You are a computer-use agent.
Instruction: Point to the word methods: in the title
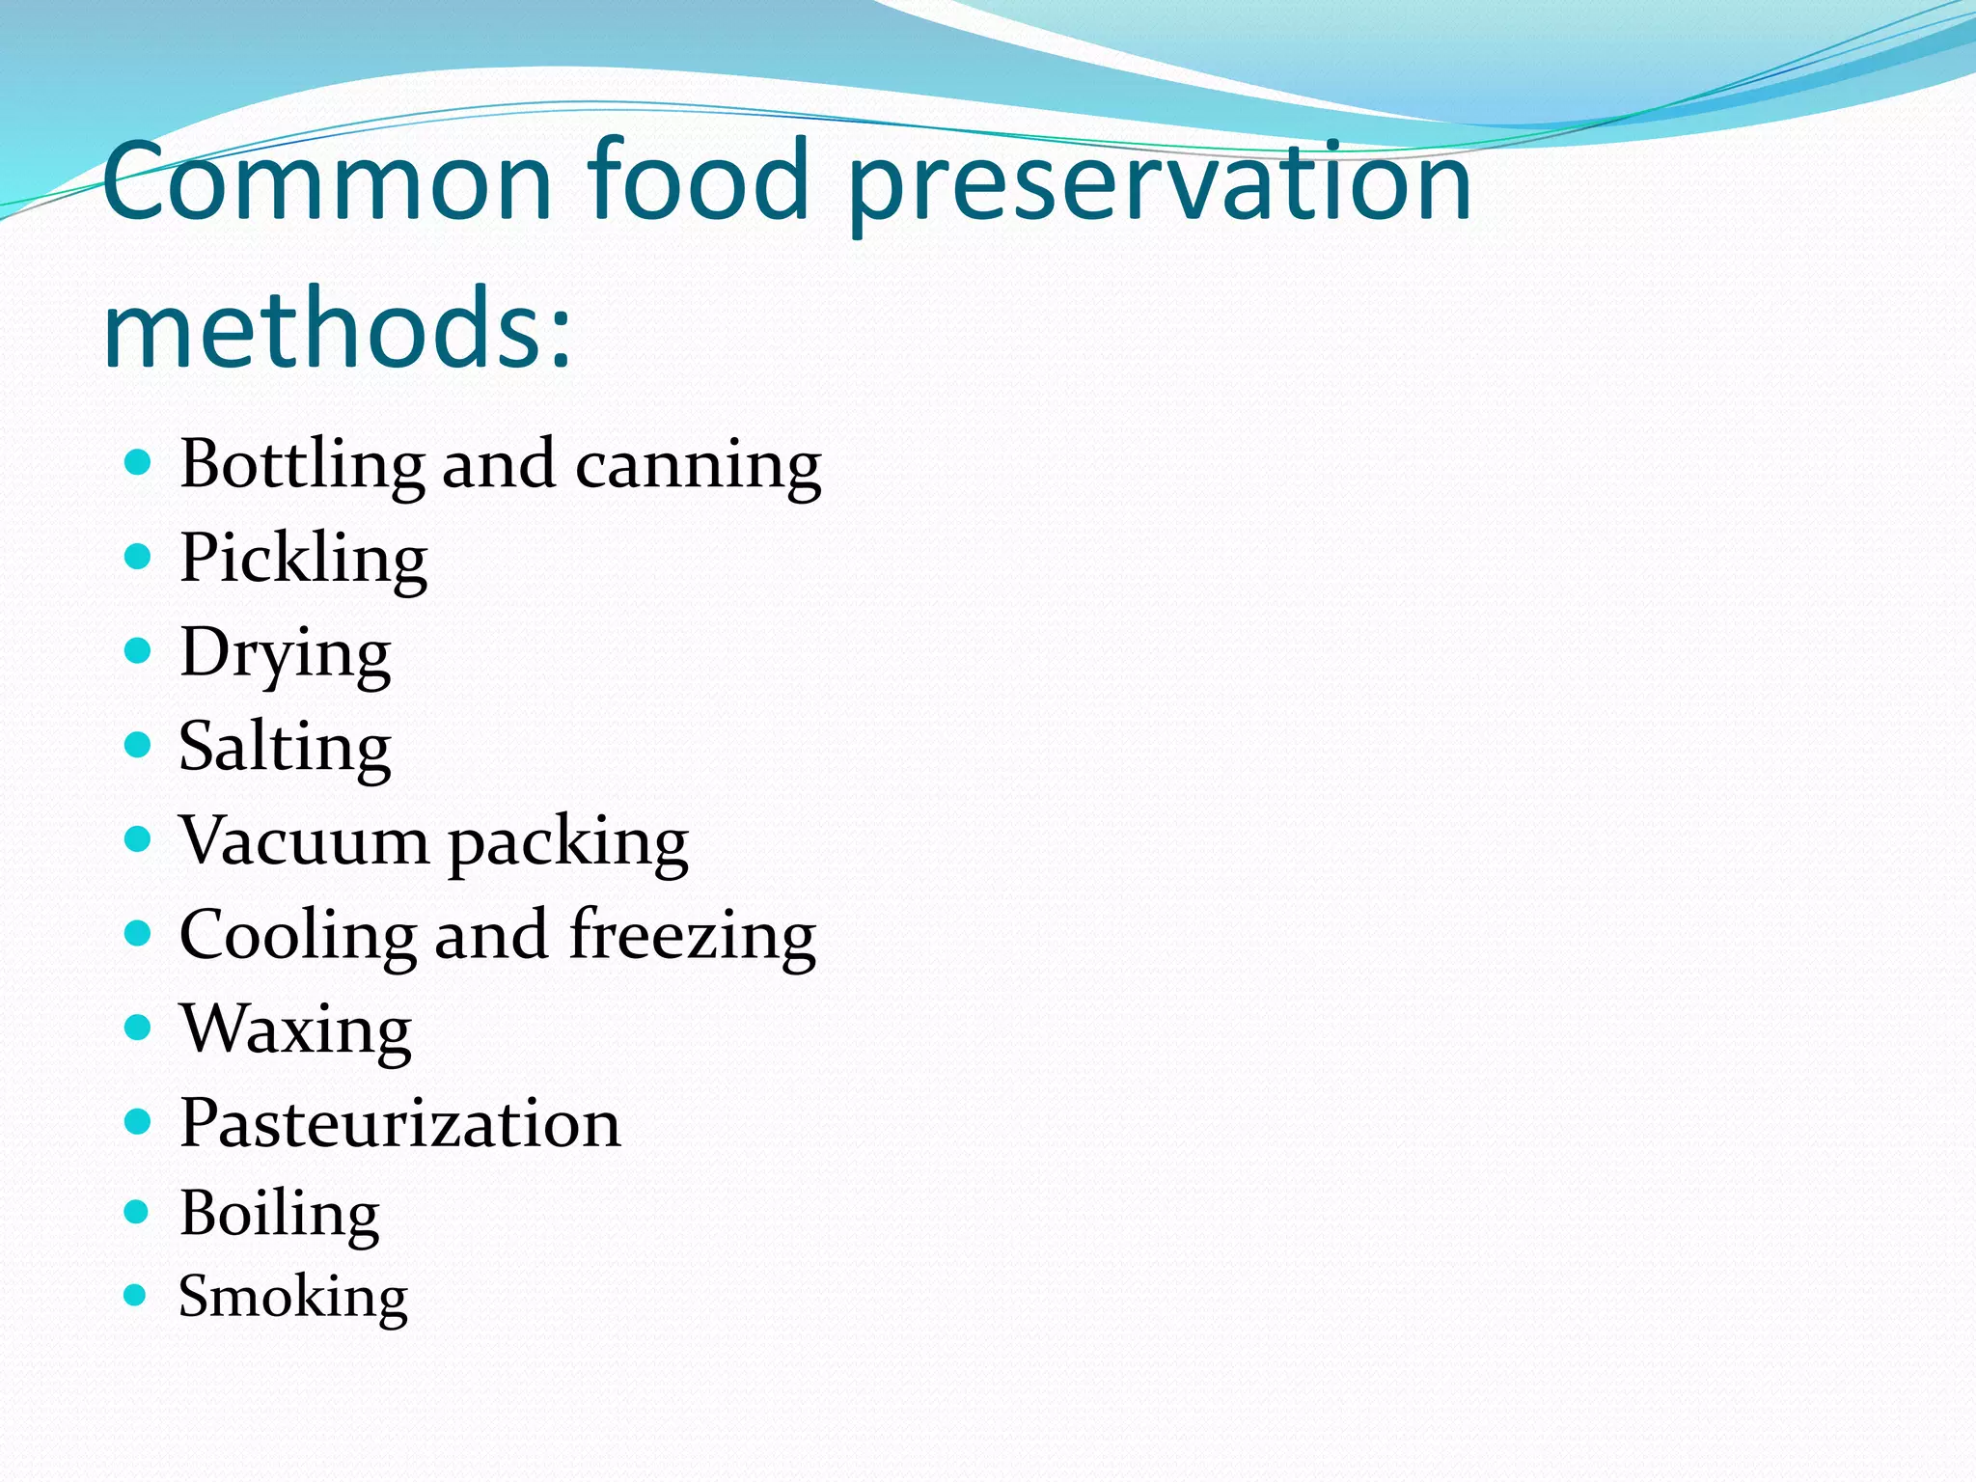[x=338, y=328]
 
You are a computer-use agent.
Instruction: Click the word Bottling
[x=301, y=465]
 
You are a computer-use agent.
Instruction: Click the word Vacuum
[x=304, y=840]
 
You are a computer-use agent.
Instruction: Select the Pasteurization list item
[x=400, y=1123]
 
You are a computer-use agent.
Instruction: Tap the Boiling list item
[x=280, y=1214]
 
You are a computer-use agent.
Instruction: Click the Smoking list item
[x=293, y=1297]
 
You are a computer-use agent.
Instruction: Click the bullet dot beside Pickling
[x=139, y=557]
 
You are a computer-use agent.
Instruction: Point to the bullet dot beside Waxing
[x=139, y=1027]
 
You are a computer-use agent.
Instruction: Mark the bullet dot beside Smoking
[x=136, y=1295]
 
